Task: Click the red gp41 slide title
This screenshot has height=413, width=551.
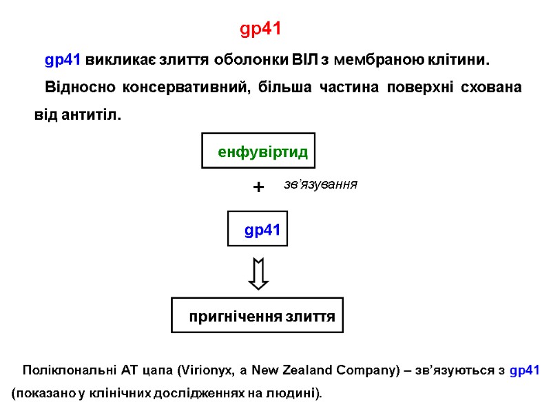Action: tap(261, 30)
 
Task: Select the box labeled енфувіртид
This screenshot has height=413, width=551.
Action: tap(259, 151)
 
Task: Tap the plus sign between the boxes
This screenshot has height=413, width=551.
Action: tap(258, 187)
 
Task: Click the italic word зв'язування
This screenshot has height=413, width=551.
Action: tap(320, 184)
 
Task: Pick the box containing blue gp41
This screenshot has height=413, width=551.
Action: tap(258, 230)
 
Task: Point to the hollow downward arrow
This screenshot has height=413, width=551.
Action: tap(258, 274)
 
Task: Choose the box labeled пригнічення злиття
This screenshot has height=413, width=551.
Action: tap(257, 316)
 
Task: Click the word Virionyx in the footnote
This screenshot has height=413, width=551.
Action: tap(207, 370)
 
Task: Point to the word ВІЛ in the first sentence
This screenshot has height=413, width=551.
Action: tap(306, 60)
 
